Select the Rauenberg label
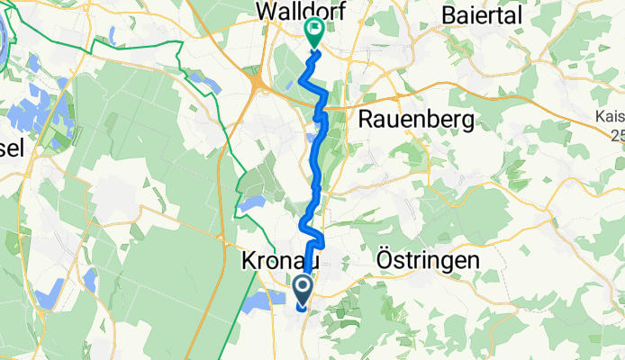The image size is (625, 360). coord(416,119)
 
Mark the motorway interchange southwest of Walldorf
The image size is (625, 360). coord(258,85)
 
